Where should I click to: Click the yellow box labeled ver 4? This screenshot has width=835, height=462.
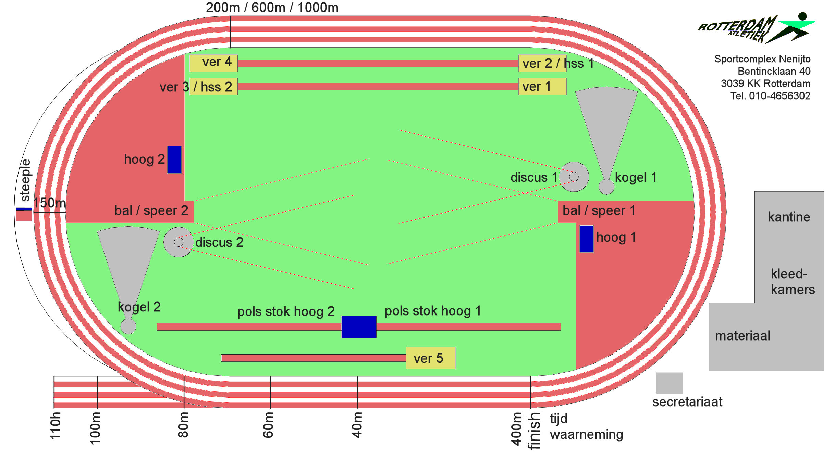pyautogui.click(x=213, y=63)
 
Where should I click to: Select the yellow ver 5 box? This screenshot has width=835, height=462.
pyautogui.click(x=430, y=358)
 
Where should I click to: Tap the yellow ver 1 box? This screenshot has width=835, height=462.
pyautogui.click(x=542, y=86)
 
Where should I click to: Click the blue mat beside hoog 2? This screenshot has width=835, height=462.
pyautogui.click(x=174, y=159)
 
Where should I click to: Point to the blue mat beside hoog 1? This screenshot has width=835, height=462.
pyautogui.click(x=586, y=239)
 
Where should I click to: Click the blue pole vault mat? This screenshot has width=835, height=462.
pyautogui.click(x=359, y=327)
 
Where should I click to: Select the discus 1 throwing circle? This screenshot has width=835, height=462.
pyautogui.click(x=574, y=177)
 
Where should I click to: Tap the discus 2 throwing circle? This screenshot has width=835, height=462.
pyautogui.click(x=179, y=242)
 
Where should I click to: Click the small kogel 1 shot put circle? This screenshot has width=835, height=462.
pyautogui.click(x=606, y=187)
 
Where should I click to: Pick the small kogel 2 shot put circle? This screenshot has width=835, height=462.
pyautogui.click(x=128, y=326)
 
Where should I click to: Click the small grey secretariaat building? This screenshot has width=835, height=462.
pyautogui.click(x=669, y=383)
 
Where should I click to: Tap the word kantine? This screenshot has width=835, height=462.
pyautogui.click(x=789, y=217)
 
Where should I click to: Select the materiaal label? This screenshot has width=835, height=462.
pyautogui.click(x=742, y=336)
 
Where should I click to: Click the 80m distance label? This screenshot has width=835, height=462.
pyautogui.click(x=184, y=425)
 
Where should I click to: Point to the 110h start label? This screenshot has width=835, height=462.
pyautogui.click(x=56, y=425)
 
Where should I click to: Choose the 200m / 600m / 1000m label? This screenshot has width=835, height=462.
pyautogui.click(x=272, y=8)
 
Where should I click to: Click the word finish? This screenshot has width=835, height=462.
pyautogui.click(x=535, y=431)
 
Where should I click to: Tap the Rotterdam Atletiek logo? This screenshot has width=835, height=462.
pyautogui.click(x=756, y=28)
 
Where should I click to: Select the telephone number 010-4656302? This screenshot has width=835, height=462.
pyautogui.click(x=779, y=96)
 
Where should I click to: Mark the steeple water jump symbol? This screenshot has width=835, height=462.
pyautogui.click(x=24, y=214)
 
